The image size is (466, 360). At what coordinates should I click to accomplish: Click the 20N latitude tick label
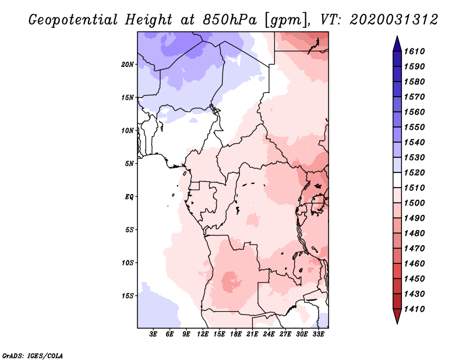coord(128,65)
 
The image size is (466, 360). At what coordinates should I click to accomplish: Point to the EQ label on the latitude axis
coord(129,197)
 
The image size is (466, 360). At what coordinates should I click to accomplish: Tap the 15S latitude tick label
coord(128,296)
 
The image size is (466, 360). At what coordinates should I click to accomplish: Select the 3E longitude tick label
coord(153,334)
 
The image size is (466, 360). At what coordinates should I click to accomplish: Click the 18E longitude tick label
coord(236,334)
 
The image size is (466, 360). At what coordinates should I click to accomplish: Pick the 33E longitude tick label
coord(318,334)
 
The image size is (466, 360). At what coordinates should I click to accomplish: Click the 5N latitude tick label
coord(129,164)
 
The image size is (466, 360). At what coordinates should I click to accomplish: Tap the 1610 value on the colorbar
coord(415,51)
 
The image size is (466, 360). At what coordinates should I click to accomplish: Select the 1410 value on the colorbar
coord(415,309)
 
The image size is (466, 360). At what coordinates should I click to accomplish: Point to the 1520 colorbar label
coord(415,172)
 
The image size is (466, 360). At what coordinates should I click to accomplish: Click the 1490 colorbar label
coord(415,218)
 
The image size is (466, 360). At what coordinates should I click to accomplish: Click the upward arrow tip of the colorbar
coord(397,36)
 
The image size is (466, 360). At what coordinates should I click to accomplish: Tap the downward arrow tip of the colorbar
coord(397,324)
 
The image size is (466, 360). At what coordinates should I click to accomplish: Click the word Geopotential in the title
coord(73,20)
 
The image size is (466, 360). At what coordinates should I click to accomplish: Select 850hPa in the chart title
coord(230,20)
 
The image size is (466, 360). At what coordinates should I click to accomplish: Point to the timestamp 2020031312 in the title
coord(394,20)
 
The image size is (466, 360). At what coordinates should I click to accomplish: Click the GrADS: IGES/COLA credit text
coord(33,355)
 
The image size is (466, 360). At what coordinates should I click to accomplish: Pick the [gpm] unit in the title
coord(287,20)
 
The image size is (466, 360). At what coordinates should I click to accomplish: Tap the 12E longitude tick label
coord(203,334)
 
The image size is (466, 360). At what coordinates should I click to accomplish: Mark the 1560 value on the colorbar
coord(415,112)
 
